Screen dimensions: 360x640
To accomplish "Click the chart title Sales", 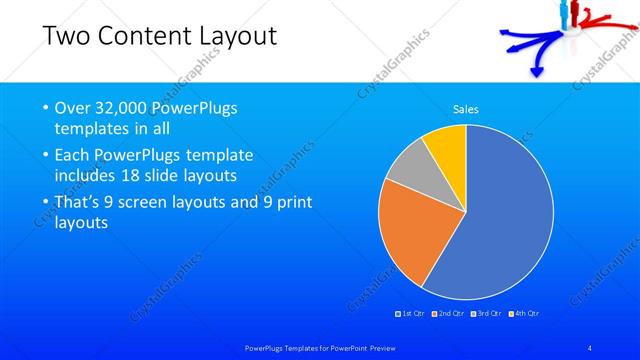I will (466, 108).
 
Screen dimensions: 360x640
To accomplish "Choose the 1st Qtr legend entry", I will (412, 313).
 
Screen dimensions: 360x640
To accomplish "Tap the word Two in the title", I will (67, 37).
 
